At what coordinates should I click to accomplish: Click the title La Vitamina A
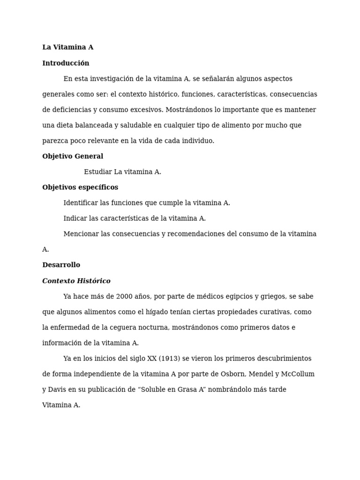[x=67, y=47]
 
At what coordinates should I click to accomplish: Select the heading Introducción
[x=66, y=63]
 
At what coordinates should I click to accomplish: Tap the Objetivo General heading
[x=73, y=157]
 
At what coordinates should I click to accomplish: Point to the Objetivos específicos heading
[x=80, y=187]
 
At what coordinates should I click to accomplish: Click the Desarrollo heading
[x=61, y=265]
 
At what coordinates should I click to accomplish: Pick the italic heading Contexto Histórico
[x=76, y=281]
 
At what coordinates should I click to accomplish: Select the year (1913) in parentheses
[x=169, y=359]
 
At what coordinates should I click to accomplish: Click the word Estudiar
[x=98, y=172]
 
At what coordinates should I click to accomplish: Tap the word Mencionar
[x=81, y=234]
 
